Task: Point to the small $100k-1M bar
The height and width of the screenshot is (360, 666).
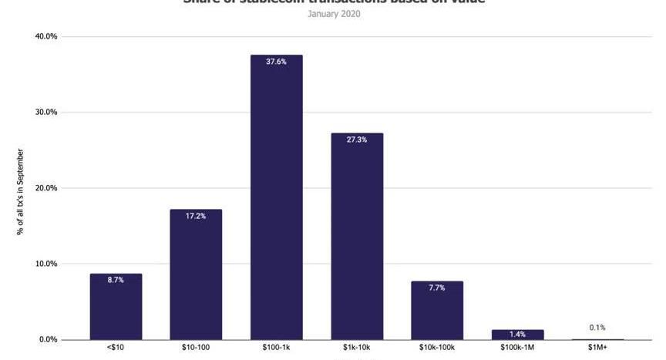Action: (517, 335)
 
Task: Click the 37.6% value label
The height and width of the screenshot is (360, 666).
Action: (276, 62)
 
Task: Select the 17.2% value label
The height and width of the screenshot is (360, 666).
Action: (196, 216)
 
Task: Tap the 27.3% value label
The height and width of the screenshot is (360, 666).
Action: (357, 140)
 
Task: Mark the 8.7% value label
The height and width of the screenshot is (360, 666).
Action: (116, 280)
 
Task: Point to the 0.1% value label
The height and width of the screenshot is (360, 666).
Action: (597, 328)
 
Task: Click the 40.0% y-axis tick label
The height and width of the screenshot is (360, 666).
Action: (47, 36)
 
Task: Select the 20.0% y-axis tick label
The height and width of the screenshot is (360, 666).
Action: (47, 188)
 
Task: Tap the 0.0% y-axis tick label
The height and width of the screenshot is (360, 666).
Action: (49, 339)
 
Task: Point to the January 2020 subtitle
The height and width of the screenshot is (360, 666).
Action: (333, 14)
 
